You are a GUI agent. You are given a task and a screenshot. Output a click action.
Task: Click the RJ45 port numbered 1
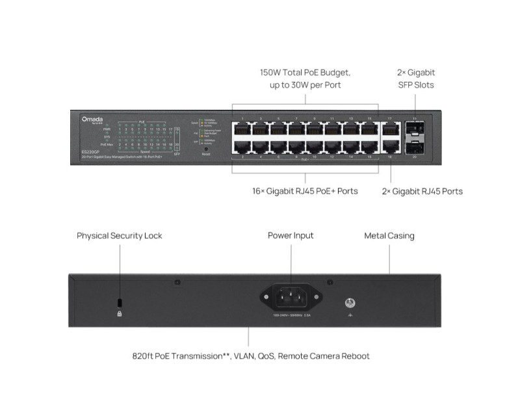[242, 128]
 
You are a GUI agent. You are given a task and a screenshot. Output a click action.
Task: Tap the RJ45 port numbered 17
[390, 128]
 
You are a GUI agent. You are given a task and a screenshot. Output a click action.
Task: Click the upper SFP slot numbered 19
[415, 128]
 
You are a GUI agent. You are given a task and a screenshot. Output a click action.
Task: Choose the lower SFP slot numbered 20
[415, 147]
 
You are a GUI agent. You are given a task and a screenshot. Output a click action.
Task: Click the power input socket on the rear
[291, 298]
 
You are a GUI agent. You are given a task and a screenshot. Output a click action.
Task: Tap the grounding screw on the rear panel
[350, 302]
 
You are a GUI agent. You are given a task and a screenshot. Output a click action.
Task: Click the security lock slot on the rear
[119, 303]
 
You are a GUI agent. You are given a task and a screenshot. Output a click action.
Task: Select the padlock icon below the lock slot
[119, 313]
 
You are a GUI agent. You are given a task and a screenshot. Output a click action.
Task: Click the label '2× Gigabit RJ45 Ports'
[422, 191]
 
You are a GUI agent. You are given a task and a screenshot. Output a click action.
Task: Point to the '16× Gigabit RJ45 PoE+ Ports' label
[305, 191]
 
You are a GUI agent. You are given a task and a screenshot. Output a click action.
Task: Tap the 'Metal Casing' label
[389, 235]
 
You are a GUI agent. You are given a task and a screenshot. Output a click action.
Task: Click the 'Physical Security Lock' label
[120, 235]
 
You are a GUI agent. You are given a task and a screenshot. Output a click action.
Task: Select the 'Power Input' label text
[291, 235]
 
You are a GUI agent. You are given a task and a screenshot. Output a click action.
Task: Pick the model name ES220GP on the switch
[82, 151]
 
